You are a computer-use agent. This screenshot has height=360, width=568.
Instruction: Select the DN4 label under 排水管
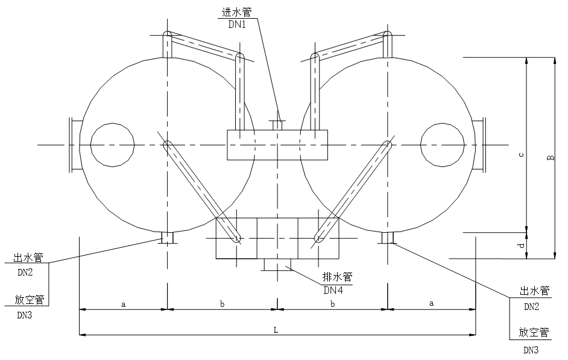click(333, 290)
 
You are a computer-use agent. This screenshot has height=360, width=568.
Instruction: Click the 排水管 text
click(337, 277)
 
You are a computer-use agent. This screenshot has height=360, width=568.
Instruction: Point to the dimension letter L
click(276, 329)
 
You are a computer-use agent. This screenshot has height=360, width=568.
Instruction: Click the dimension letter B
click(550, 158)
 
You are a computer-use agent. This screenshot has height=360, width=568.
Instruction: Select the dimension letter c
click(520, 154)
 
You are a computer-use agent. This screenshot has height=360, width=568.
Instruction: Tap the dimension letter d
click(520, 245)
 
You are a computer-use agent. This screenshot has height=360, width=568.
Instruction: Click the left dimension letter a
click(123, 305)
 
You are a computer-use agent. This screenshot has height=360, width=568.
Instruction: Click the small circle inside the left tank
click(112, 145)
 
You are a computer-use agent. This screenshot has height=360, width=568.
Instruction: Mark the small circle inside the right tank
click(443, 145)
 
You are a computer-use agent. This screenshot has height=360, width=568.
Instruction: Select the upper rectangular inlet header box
click(277, 145)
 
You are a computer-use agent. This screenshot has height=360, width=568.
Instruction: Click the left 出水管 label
click(28, 258)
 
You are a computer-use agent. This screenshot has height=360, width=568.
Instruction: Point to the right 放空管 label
click(535, 332)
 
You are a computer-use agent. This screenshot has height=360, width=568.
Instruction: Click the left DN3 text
click(24, 315)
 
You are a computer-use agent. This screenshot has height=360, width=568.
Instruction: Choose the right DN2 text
click(531, 307)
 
